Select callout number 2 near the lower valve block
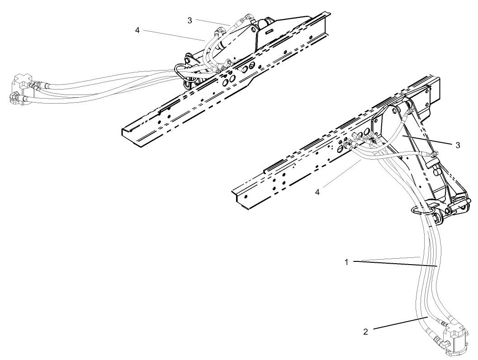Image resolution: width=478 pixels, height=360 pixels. click(x=366, y=332)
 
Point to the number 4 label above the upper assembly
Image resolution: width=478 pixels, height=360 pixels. click(x=137, y=30)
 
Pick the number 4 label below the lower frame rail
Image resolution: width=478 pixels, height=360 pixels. click(x=317, y=192)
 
